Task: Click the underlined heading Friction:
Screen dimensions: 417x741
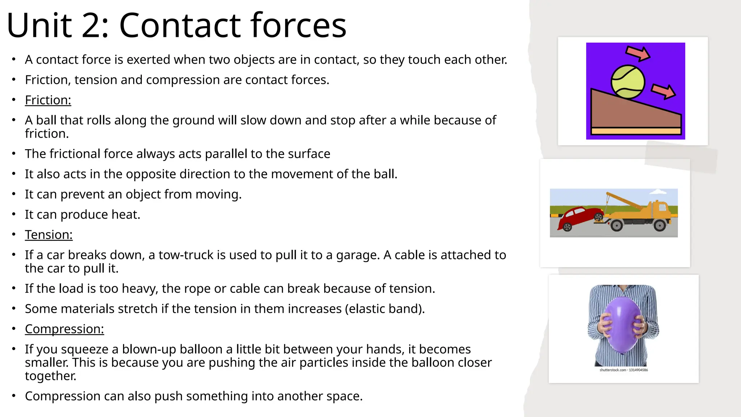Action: [48, 100]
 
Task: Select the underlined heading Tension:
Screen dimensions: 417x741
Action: [48, 235]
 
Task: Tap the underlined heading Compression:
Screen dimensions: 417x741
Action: [64, 329]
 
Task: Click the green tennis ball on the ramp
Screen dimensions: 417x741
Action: [628, 82]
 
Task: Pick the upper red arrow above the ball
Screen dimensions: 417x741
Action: [638, 53]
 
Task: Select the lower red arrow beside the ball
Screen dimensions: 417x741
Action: [663, 91]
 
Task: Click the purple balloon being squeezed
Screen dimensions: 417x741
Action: [621, 325]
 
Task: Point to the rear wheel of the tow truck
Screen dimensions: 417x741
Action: [659, 225]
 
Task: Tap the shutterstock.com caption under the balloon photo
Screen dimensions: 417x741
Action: [623, 370]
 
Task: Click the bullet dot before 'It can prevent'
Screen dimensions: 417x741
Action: [14, 194]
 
